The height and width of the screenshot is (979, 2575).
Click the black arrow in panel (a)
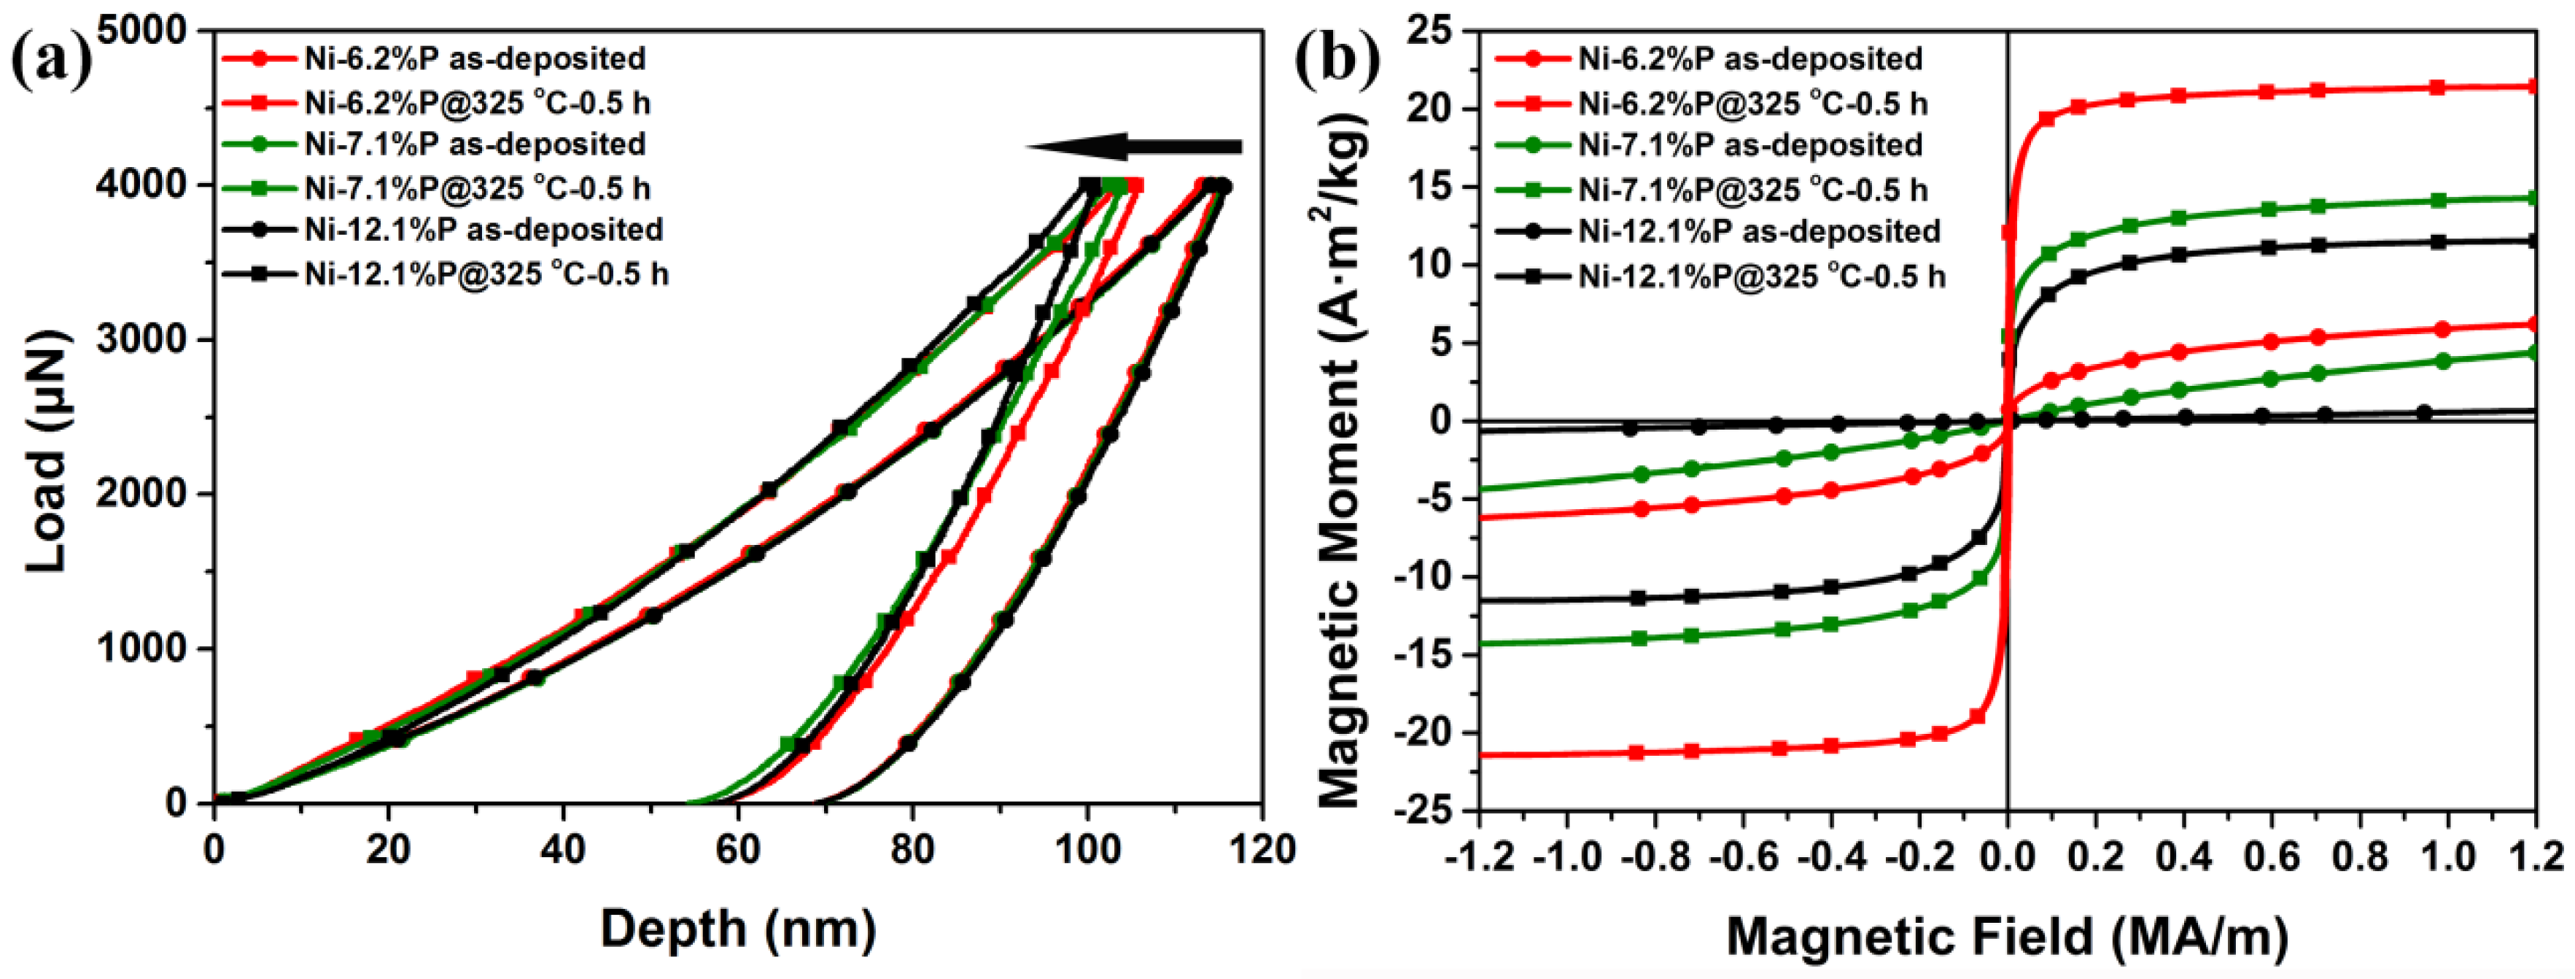1135,147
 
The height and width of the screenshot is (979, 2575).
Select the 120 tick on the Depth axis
1262,850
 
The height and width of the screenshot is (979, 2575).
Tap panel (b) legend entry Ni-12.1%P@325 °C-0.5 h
1761,275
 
